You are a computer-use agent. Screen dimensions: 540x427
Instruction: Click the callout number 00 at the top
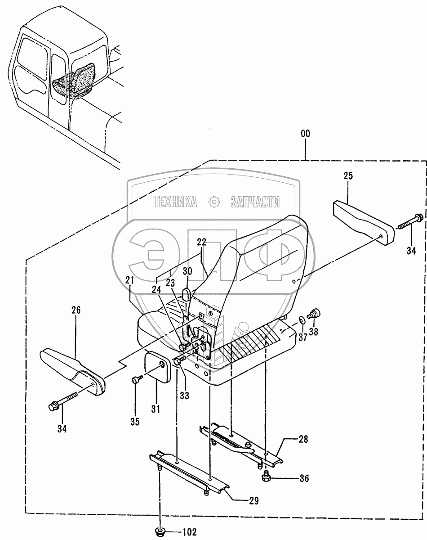(306, 134)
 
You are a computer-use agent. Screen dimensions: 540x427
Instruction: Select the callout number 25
(348, 176)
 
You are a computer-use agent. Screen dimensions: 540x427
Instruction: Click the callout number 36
(304, 479)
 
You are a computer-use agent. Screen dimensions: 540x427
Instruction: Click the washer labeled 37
(302, 320)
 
